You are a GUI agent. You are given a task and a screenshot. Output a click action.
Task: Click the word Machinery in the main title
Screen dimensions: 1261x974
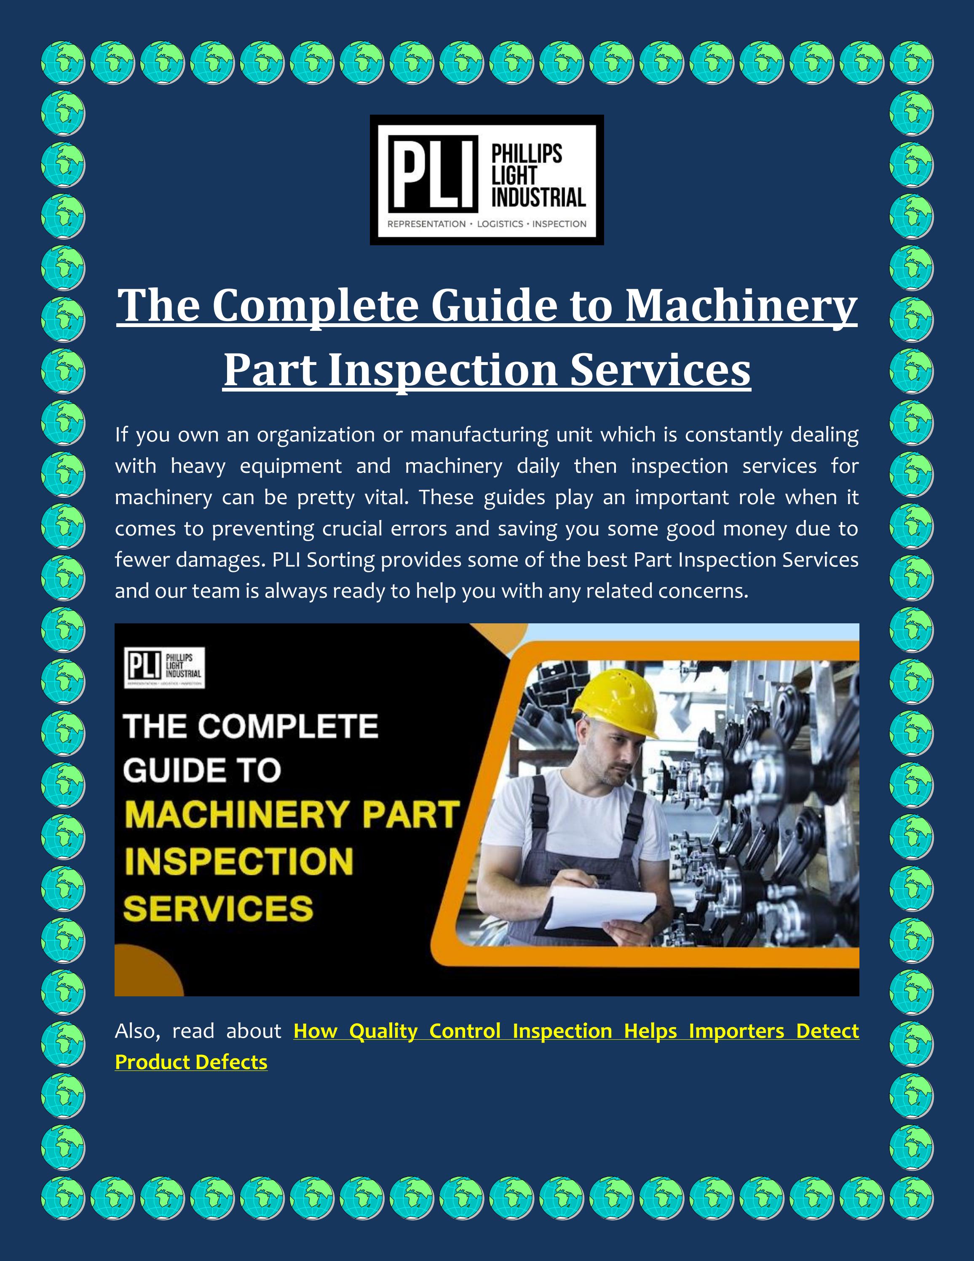pyautogui.click(x=741, y=306)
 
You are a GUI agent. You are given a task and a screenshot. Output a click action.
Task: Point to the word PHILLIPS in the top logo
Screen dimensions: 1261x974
pyautogui.click(x=526, y=155)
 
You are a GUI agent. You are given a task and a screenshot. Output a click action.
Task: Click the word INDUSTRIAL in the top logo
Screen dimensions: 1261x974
pyautogui.click(x=538, y=198)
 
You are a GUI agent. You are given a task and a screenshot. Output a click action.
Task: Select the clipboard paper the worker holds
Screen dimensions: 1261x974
pyautogui.click(x=599, y=907)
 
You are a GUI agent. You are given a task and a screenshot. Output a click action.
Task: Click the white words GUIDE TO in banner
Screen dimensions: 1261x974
pyautogui.click(x=202, y=771)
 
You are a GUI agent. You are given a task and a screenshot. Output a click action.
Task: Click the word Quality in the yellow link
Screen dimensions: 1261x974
pyautogui.click(x=383, y=1031)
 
